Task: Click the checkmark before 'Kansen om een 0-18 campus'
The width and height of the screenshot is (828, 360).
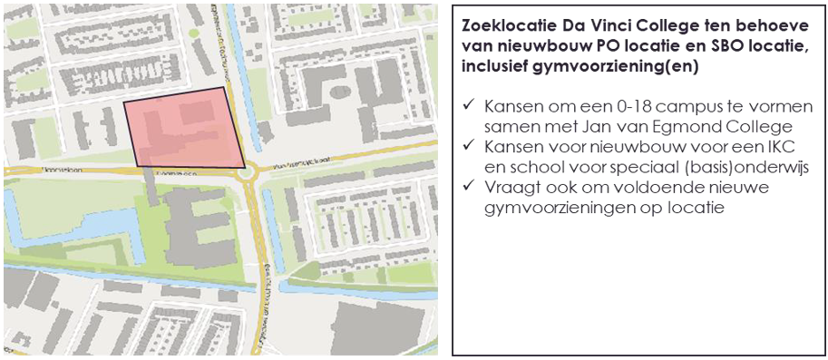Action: pos(469,104)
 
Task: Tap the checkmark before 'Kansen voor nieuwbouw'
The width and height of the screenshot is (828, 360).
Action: pos(469,145)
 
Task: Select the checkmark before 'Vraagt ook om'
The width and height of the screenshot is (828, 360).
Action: pos(469,186)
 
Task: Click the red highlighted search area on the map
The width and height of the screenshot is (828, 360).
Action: pos(186,129)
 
